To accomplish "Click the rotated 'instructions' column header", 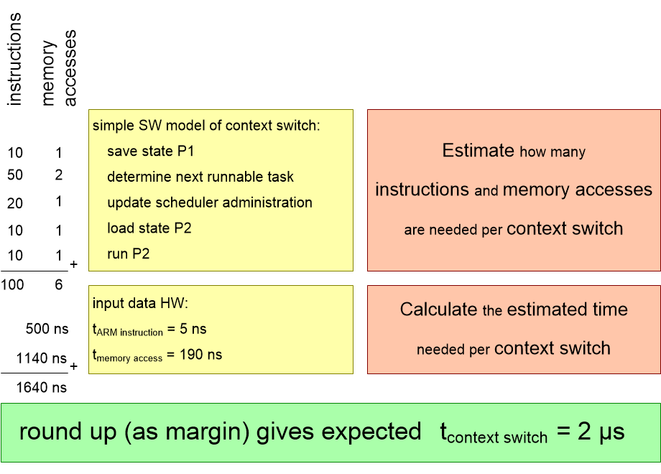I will pos(15,60).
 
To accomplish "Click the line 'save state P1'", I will pos(151,152).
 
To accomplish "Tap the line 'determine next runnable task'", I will pos(200,177).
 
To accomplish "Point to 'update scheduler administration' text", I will pos(210,203).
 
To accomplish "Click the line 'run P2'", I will pos(128,254).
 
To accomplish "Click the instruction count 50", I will pos(15,176).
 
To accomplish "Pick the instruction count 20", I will pos(15,203).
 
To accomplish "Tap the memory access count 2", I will pos(59,175).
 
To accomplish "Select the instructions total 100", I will pos(12,285).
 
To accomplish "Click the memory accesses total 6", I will pos(59,285).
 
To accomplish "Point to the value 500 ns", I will pos(47,329).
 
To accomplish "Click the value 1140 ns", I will pos(42,358).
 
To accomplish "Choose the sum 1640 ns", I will pos(42,388).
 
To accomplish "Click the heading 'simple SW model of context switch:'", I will pos(206,125).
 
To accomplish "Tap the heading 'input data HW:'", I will pos(134,304).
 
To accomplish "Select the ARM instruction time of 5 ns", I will pos(149,330).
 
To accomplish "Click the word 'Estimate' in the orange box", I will pos(479,151).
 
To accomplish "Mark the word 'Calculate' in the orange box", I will pos(439,310).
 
